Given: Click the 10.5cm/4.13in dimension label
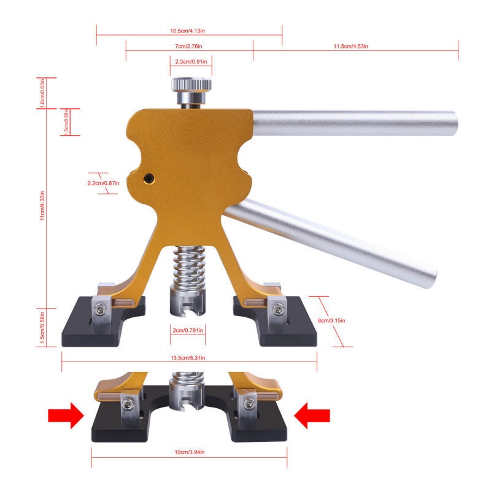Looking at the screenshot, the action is click(x=187, y=31).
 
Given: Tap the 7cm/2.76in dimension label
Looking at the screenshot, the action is click(x=188, y=46).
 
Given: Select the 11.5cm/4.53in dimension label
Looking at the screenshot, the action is click(x=350, y=46).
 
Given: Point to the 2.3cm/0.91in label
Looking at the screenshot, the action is click(x=191, y=61).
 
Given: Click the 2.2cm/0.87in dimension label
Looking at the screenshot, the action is click(x=103, y=183).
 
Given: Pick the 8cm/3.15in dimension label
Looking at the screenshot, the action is click(x=331, y=320).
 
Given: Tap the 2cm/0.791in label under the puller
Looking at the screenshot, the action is click(x=188, y=330).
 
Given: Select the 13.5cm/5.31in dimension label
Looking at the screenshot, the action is click(x=188, y=358).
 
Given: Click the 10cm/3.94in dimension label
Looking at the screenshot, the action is click(x=190, y=452).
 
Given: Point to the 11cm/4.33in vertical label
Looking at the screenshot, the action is click(x=42, y=206).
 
